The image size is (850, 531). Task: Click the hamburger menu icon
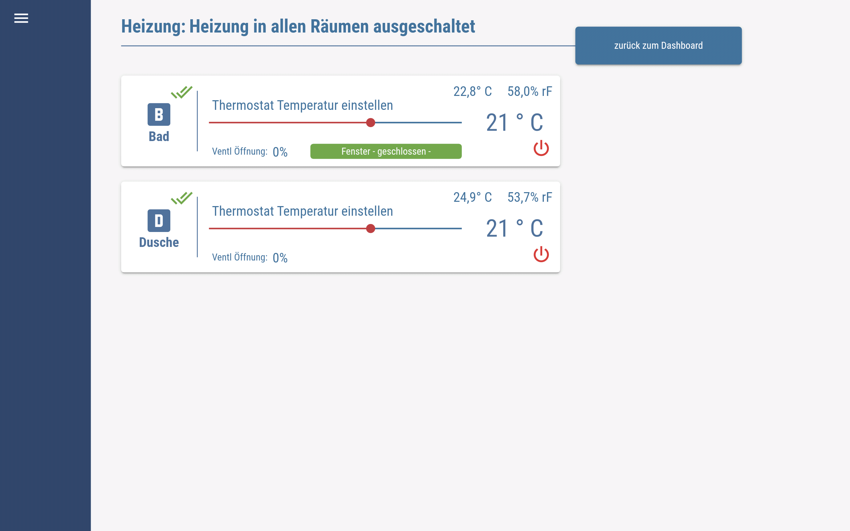point(21,18)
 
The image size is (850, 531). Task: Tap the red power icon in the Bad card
point(541,148)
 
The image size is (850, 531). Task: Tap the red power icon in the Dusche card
point(541,254)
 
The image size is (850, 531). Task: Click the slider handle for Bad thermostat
point(371,122)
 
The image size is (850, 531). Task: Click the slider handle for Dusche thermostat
point(371,229)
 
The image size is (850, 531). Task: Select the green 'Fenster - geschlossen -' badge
point(386,151)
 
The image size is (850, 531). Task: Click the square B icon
point(159,114)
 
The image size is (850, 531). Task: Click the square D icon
point(159,221)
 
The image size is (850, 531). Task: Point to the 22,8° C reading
point(472,92)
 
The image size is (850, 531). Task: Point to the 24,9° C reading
point(472,197)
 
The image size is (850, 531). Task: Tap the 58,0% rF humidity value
point(530,92)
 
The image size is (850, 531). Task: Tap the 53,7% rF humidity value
point(530,197)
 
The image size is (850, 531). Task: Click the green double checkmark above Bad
point(182,92)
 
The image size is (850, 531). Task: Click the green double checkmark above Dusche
point(182,198)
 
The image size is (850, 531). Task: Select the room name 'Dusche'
point(159,242)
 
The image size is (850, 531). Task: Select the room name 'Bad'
point(159,136)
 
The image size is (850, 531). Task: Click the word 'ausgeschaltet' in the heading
point(424,27)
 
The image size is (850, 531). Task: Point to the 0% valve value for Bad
point(280,152)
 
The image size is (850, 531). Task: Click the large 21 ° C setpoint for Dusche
point(515,229)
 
